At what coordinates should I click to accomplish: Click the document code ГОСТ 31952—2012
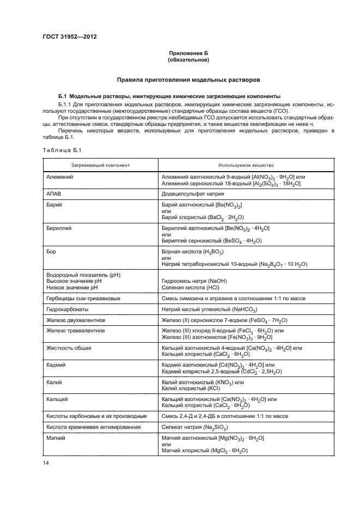pyautogui.click(x=66, y=38)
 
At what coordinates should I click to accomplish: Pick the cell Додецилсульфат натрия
pyautogui.click(x=193, y=193)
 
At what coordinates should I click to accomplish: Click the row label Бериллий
pyautogui.click(x=61, y=227)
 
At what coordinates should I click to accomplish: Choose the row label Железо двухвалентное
pyautogui.click(x=76, y=320)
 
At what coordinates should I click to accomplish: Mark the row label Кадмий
pyautogui.click(x=58, y=365)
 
